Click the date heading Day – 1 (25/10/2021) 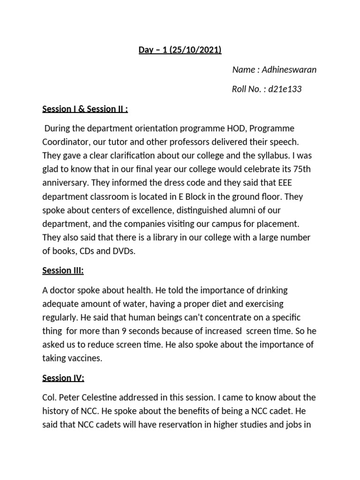(180, 50)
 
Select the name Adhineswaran (289, 70)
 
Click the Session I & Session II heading (85, 109)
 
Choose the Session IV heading (63, 377)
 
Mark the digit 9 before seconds (124, 330)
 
